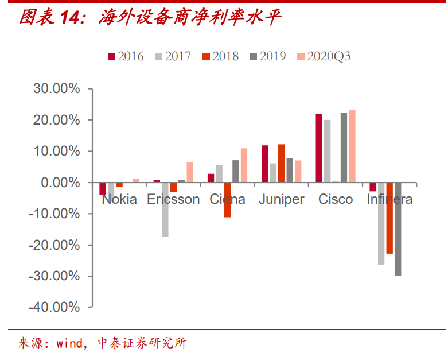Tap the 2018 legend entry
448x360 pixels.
pos(220,56)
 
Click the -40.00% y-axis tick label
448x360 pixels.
pos(54,307)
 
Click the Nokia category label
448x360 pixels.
pos(119,199)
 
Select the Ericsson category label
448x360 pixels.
pos(173,199)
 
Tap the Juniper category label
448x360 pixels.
pos(281,199)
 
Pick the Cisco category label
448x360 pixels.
pos(336,199)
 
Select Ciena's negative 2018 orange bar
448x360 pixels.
pos(227,200)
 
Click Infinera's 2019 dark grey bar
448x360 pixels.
pos(398,229)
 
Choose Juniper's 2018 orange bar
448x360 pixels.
pos(281,164)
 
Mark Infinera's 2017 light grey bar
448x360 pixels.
pos(381,223)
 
